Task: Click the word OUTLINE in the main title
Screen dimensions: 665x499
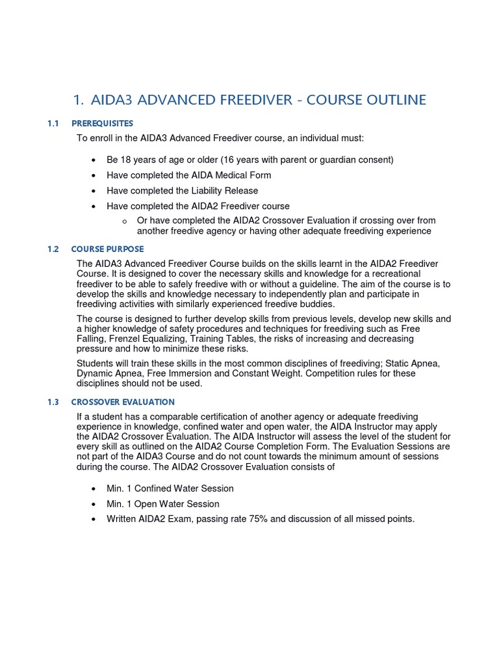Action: coord(394,100)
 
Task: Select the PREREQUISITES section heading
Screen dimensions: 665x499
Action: coord(102,123)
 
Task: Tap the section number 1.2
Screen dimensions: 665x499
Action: coord(53,249)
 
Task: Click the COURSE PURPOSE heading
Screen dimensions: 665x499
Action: coord(107,249)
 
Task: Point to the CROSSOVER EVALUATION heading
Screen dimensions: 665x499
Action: coord(123,402)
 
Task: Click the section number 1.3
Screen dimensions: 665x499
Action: coord(53,402)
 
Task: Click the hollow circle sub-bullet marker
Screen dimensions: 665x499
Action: coord(123,221)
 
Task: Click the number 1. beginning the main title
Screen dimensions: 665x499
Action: coord(79,100)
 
